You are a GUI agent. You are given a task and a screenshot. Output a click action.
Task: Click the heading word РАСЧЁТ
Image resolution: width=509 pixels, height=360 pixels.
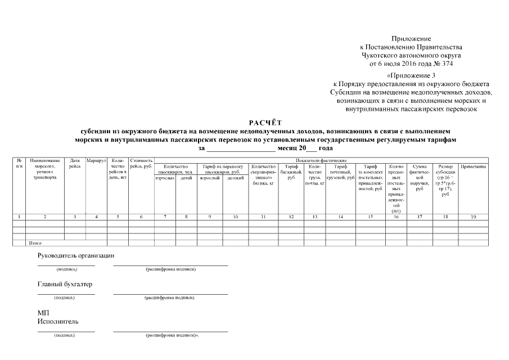pos(265,122)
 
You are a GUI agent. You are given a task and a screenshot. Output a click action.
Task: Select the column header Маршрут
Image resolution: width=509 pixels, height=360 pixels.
pos(96,161)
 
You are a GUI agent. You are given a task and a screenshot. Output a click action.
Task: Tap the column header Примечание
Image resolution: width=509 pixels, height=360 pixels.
pos(473,167)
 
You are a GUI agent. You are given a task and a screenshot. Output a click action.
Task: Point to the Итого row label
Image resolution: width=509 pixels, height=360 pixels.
pos(35,243)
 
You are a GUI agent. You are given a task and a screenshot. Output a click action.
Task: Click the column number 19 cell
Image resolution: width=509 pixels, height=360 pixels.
pos(473,217)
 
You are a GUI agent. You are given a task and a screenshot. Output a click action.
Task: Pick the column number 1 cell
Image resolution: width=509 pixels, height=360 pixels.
pos(19,217)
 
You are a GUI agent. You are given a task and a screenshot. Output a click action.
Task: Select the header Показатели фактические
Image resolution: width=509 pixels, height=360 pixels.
pos(320,161)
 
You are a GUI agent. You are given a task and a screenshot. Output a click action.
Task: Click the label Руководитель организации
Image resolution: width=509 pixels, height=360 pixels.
pos(76,255)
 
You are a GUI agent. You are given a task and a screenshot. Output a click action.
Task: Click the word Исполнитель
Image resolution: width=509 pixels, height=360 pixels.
pos(58,321)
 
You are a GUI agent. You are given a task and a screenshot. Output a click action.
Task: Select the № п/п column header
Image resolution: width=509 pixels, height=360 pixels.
pos(19,164)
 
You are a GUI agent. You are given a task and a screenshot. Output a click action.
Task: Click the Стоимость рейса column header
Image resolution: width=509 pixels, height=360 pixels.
pos(141,164)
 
